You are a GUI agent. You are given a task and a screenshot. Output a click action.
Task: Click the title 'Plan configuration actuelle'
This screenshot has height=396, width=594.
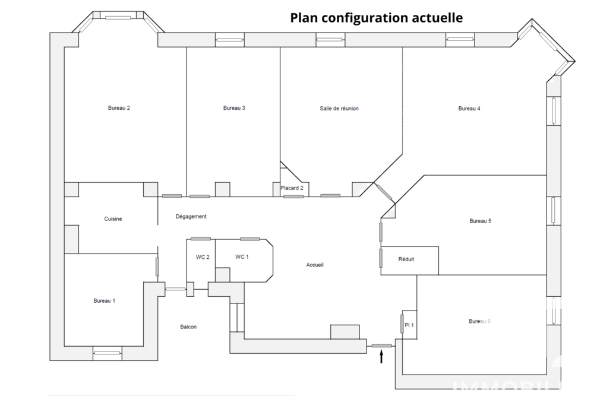[x=376, y=18]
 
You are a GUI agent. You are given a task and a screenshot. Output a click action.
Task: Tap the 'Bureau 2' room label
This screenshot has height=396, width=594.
[x=119, y=108]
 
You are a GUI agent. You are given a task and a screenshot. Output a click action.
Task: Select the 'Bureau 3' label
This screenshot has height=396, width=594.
[x=234, y=108]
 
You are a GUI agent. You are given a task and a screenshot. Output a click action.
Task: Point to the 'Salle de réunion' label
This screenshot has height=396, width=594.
[x=339, y=109]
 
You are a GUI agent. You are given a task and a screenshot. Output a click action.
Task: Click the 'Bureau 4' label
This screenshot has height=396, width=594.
[x=469, y=108]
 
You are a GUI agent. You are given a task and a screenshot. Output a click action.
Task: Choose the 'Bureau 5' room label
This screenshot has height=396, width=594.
[x=481, y=221]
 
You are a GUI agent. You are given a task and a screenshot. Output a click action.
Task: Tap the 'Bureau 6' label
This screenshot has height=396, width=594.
[x=479, y=321]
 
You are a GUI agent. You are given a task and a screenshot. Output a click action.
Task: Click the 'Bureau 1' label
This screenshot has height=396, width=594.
[x=104, y=301]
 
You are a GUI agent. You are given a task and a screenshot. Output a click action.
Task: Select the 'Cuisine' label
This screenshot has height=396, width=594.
[x=113, y=219]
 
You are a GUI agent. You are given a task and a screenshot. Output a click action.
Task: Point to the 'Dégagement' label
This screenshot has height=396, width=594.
[x=191, y=217]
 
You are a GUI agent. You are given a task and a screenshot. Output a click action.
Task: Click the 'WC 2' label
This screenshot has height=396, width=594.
[x=203, y=257]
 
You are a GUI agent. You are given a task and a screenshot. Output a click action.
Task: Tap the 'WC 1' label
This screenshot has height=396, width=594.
[x=242, y=256]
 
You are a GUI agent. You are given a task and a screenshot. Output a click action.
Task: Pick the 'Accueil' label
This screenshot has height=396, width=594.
[x=315, y=265]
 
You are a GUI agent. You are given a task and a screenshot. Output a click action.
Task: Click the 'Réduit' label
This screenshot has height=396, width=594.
[x=406, y=259]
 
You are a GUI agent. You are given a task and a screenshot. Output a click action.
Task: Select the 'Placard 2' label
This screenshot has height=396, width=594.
[x=292, y=188]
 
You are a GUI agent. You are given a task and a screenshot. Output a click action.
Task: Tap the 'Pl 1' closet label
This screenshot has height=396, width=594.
[x=409, y=325]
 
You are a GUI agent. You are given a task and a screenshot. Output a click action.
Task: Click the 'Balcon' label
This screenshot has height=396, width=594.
[x=188, y=327]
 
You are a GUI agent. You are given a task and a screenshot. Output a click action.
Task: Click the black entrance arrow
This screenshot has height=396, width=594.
[x=381, y=356]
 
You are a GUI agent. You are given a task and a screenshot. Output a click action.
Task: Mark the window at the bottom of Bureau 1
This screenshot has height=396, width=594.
[x=107, y=353]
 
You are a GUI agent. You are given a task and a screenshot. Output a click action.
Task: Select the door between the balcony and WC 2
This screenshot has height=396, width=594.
[x=175, y=289]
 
